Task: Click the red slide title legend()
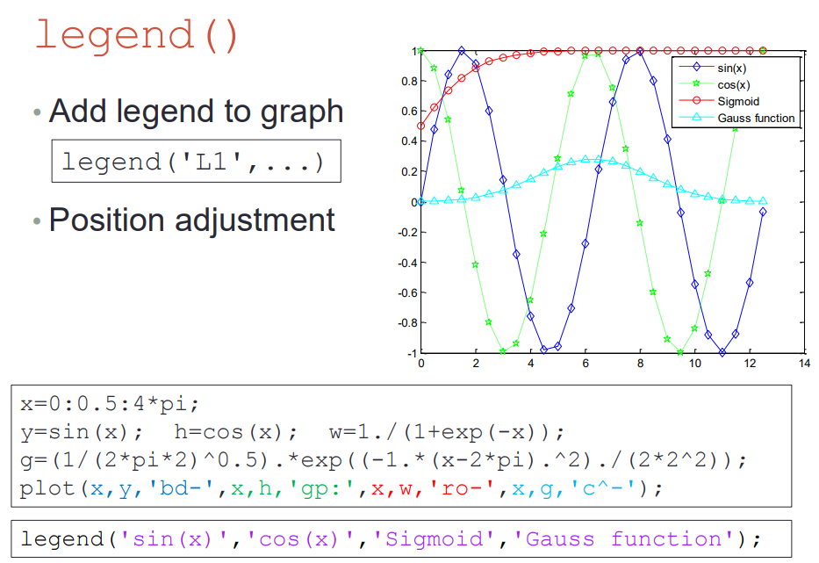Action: click(137, 34)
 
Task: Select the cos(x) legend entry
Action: click(715, 84)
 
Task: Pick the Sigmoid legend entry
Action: click(719, 101)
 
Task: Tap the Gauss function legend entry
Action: click(737, 118)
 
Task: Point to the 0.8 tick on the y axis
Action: click(409, 81)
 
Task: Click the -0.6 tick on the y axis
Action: click(407, 292)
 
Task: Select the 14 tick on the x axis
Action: click(804, 363)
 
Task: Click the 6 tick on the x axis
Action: click(586, 363)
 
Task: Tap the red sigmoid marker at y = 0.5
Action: click(421, 126)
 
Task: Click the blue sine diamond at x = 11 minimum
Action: click(722, 352)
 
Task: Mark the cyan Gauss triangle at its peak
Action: click(586, 159)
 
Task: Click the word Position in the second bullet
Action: click(107, 220)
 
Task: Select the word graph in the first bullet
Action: click(302, 112)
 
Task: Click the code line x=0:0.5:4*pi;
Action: click(110, 403)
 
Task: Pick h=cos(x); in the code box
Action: click(235, 432)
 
